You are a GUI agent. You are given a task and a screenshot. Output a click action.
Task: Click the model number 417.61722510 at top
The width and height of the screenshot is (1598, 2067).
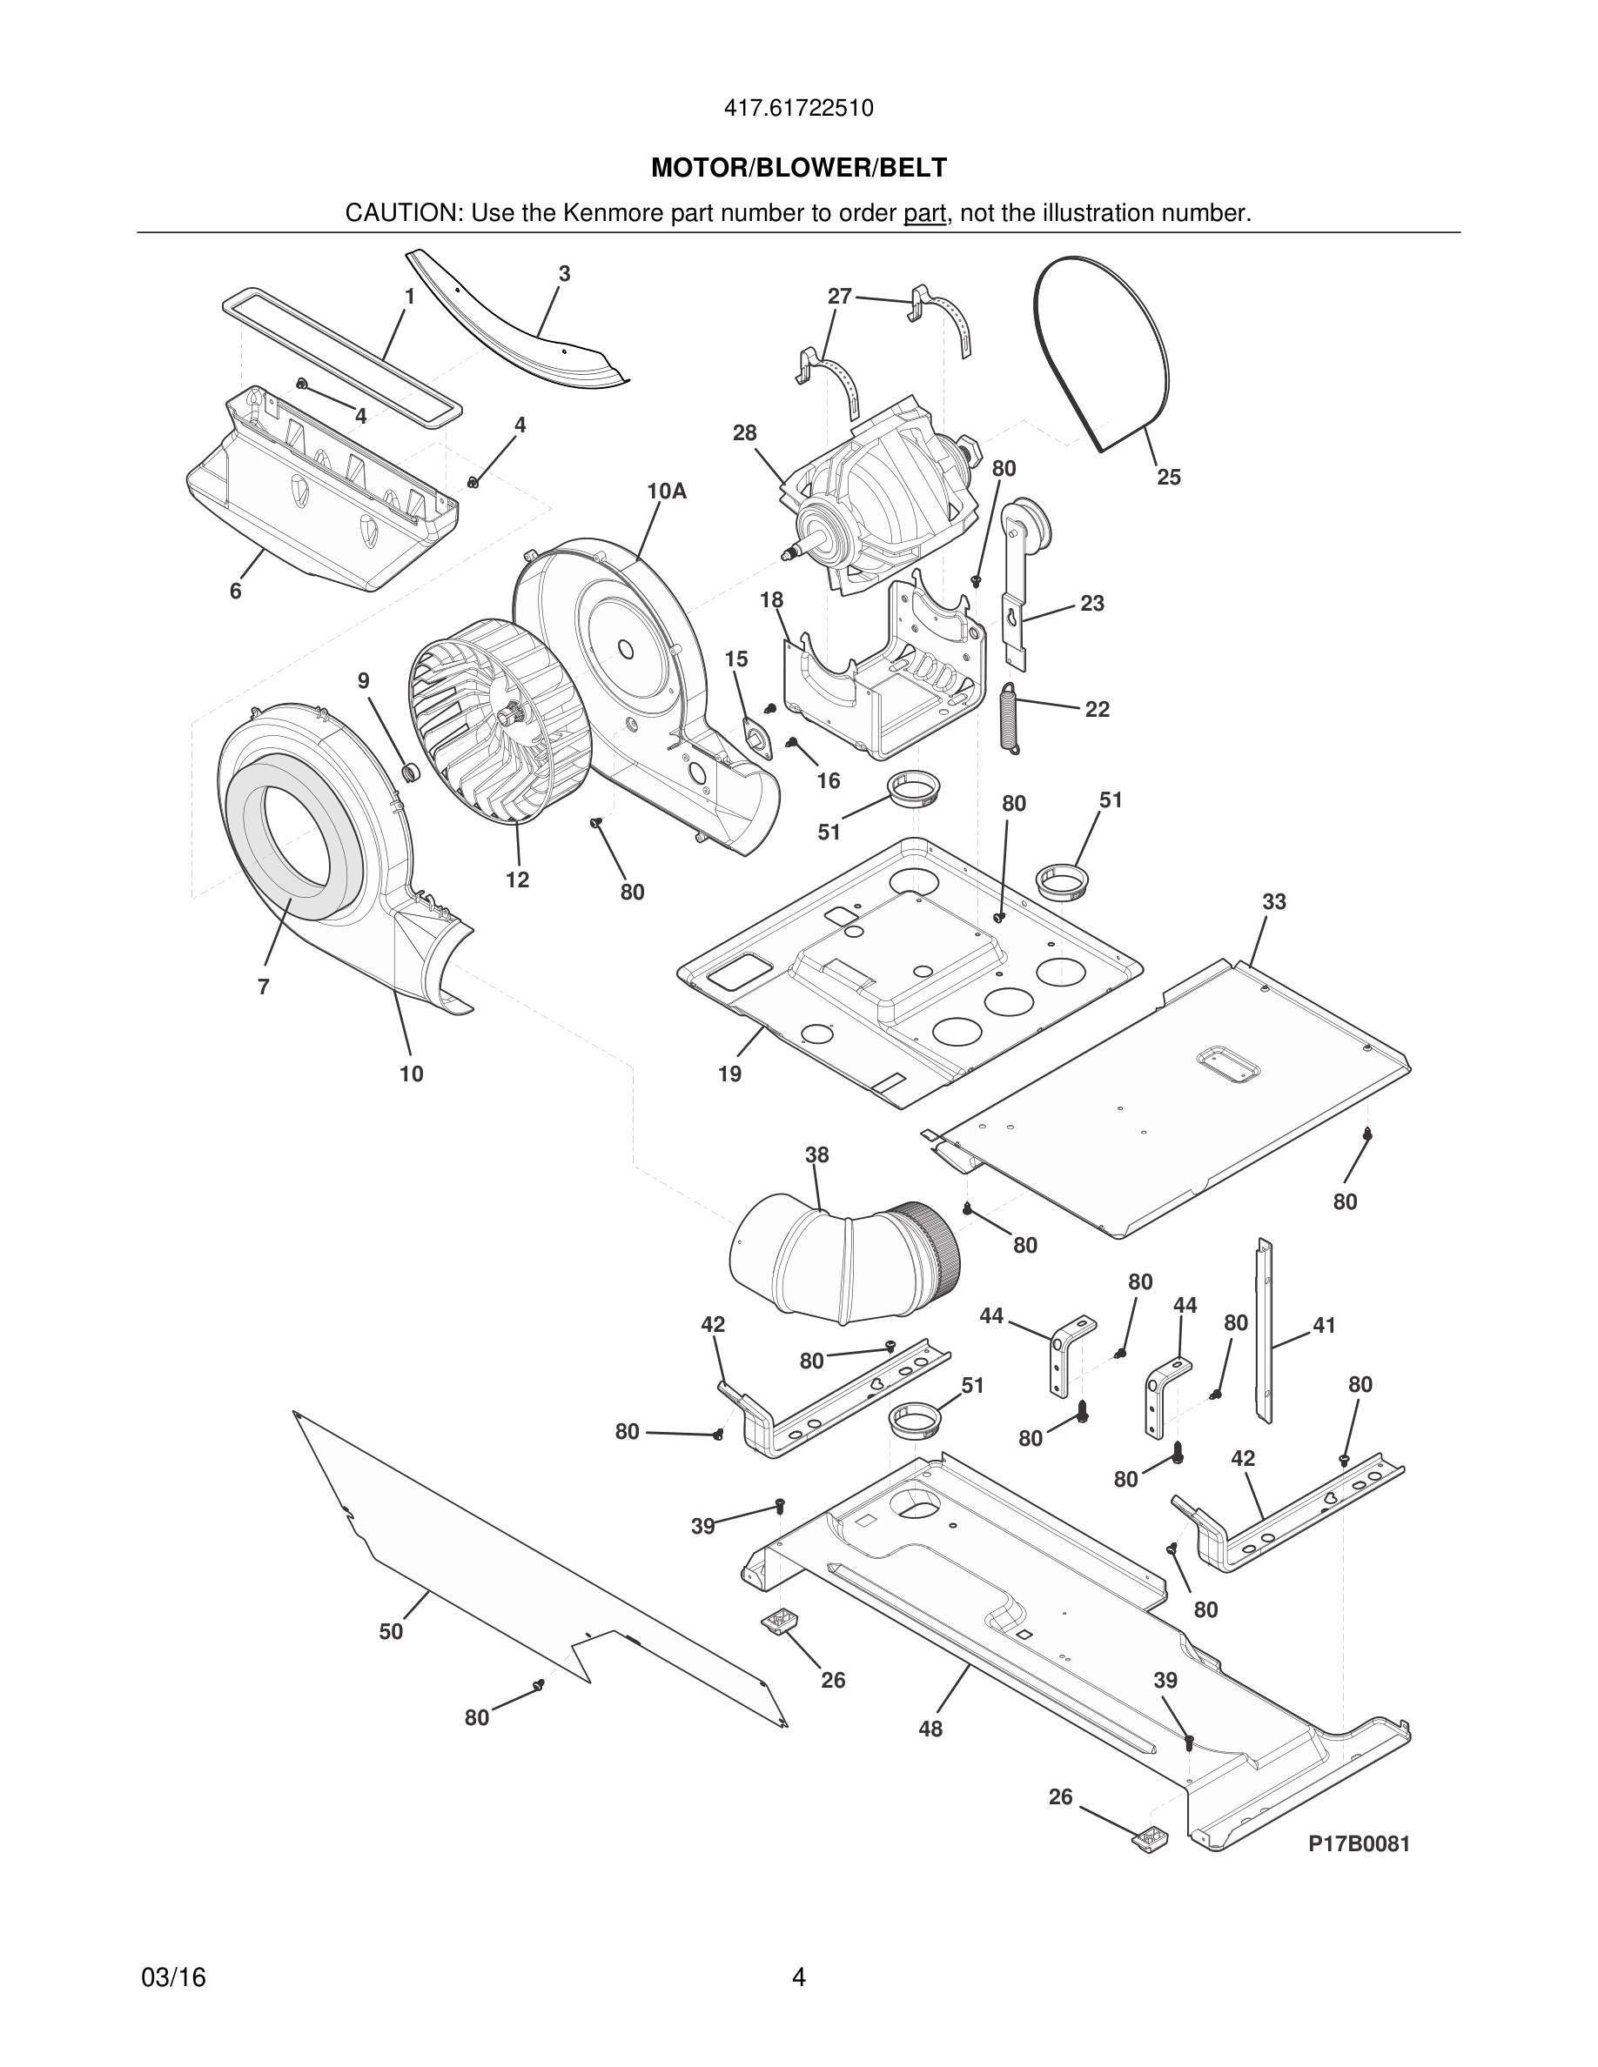click(x=798, y=109)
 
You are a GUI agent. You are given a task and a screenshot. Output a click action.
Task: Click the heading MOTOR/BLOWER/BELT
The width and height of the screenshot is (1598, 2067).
click(x=798, y=168)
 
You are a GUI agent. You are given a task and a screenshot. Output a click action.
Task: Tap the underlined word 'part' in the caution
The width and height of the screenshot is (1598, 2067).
click(x=924, y=213)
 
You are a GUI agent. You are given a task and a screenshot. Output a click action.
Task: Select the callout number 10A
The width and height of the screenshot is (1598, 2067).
click(x=666, y=492)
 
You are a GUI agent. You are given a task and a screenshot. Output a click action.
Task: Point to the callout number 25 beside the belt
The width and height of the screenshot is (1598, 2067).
click(x=1168, y=477)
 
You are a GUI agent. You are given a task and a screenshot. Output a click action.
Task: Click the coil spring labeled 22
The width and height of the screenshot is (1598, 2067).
click(x=1011, y=719)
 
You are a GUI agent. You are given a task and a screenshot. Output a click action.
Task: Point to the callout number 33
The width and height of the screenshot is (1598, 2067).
click(x=1273, y=902)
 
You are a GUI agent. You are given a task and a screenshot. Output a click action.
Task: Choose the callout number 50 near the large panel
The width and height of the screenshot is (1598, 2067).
click(x=391, y=1630)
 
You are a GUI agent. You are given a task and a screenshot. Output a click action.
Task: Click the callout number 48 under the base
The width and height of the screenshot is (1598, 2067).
click(x=930, y=1729)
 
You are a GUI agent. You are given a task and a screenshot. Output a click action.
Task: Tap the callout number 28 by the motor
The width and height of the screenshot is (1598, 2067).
click(x=744, y=432)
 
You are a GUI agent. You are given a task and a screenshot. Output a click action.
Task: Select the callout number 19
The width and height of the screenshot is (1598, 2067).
click(x=729, y=1074)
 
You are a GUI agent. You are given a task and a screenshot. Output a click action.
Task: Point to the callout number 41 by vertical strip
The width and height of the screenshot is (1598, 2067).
click(x=1324, y=1326)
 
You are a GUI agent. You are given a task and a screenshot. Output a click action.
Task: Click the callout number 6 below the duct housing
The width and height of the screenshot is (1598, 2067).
click(x=235, y=592)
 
